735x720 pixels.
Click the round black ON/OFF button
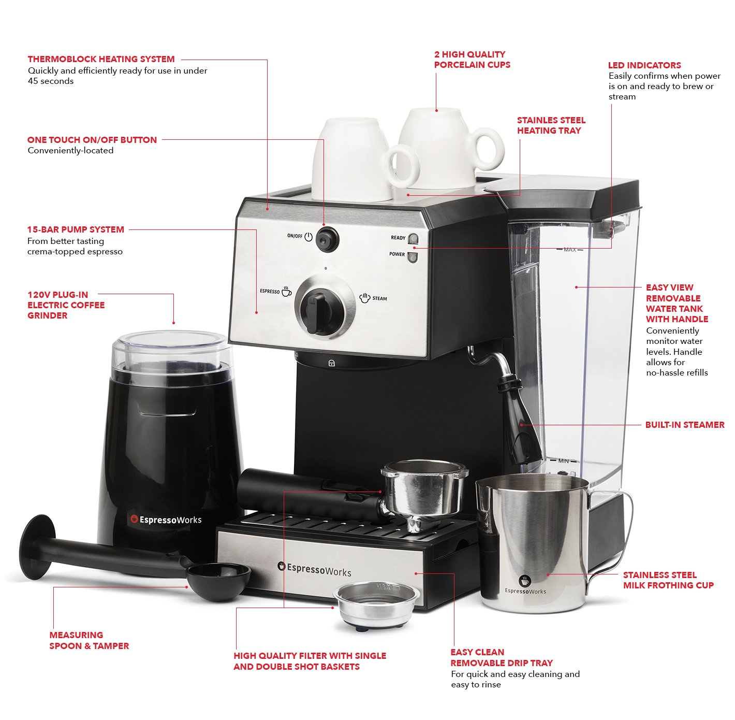(x=327, y=239)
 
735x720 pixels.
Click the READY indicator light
(x=413, y=238)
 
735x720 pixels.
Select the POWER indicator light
(x=412, y=256)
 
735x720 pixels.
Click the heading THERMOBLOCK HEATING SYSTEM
(x=101, y=59)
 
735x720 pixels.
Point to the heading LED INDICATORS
(x=644, y=65)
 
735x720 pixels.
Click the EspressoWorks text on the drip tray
(x=314, y=569)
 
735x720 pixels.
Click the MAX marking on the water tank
(x=569, y=250)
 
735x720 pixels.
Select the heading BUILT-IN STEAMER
(x=684, y=425)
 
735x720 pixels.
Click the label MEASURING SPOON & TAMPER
(x=89, y=640)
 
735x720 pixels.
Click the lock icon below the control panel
(x=331, y=363)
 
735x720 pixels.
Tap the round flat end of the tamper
(x=37, y=546)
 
